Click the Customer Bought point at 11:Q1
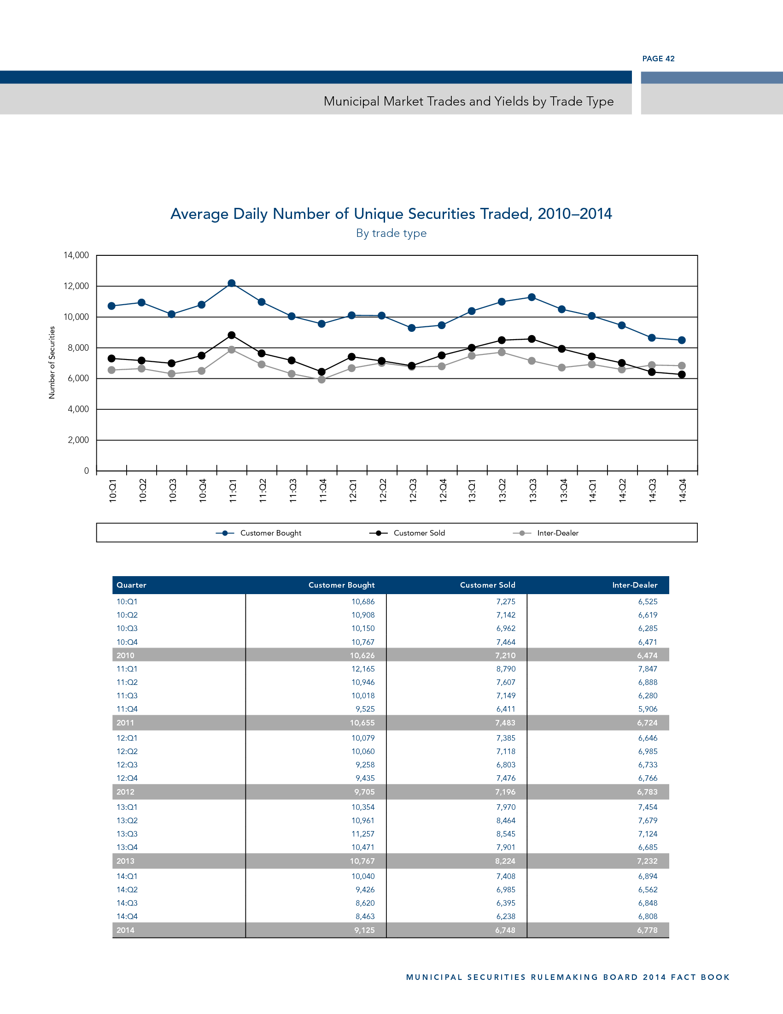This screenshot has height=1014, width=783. [x=232, y=283]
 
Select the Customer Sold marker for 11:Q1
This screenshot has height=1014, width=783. [x=232, y=335]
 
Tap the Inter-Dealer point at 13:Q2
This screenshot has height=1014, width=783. [x=502, y=353]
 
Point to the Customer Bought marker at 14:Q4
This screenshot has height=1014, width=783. [x=681, y=340]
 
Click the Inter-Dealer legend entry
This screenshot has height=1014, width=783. [x=557, y=533]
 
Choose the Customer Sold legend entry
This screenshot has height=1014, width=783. [x=419, y=533]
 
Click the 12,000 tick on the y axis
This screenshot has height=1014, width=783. [x=76, y=286]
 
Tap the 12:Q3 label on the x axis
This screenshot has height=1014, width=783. [x=412, y=490]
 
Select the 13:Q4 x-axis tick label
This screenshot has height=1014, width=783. [x=563, y=490]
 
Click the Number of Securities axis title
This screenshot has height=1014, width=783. [x=52, y=362]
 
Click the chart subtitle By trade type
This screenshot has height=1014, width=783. [x=391, y=233]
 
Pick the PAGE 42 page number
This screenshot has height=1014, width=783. [x=658, y=59]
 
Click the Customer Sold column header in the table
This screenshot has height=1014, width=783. [x=487, y=585]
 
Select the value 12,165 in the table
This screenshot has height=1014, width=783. [x=363, y=669]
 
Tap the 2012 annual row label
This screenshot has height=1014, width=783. [x=125, y=792]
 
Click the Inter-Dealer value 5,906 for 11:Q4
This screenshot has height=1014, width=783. [x=648, y=709]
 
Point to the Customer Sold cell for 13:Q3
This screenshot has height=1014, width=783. [x=506, y=834]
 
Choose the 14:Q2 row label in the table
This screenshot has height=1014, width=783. [x=127, y=890]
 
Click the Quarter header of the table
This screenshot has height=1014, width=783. [x=131, y=585]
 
